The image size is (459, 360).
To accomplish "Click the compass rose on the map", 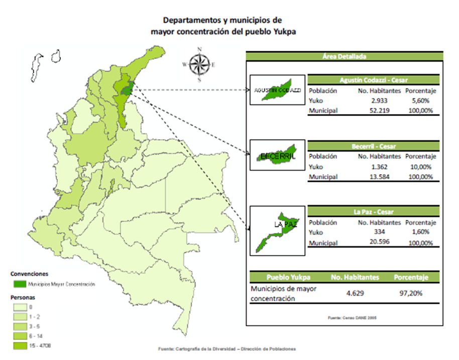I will point(200,64).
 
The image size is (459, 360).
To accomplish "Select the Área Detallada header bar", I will point(344,56).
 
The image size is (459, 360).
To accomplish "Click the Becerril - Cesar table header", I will point(373,146).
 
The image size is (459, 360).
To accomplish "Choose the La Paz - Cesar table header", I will point(373,212).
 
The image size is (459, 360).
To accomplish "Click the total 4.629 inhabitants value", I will point(354,293).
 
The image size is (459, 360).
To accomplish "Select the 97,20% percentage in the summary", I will point(412,293).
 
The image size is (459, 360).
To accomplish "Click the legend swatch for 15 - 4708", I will point(20,346).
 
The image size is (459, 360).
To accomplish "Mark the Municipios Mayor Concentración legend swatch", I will point(20,284).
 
